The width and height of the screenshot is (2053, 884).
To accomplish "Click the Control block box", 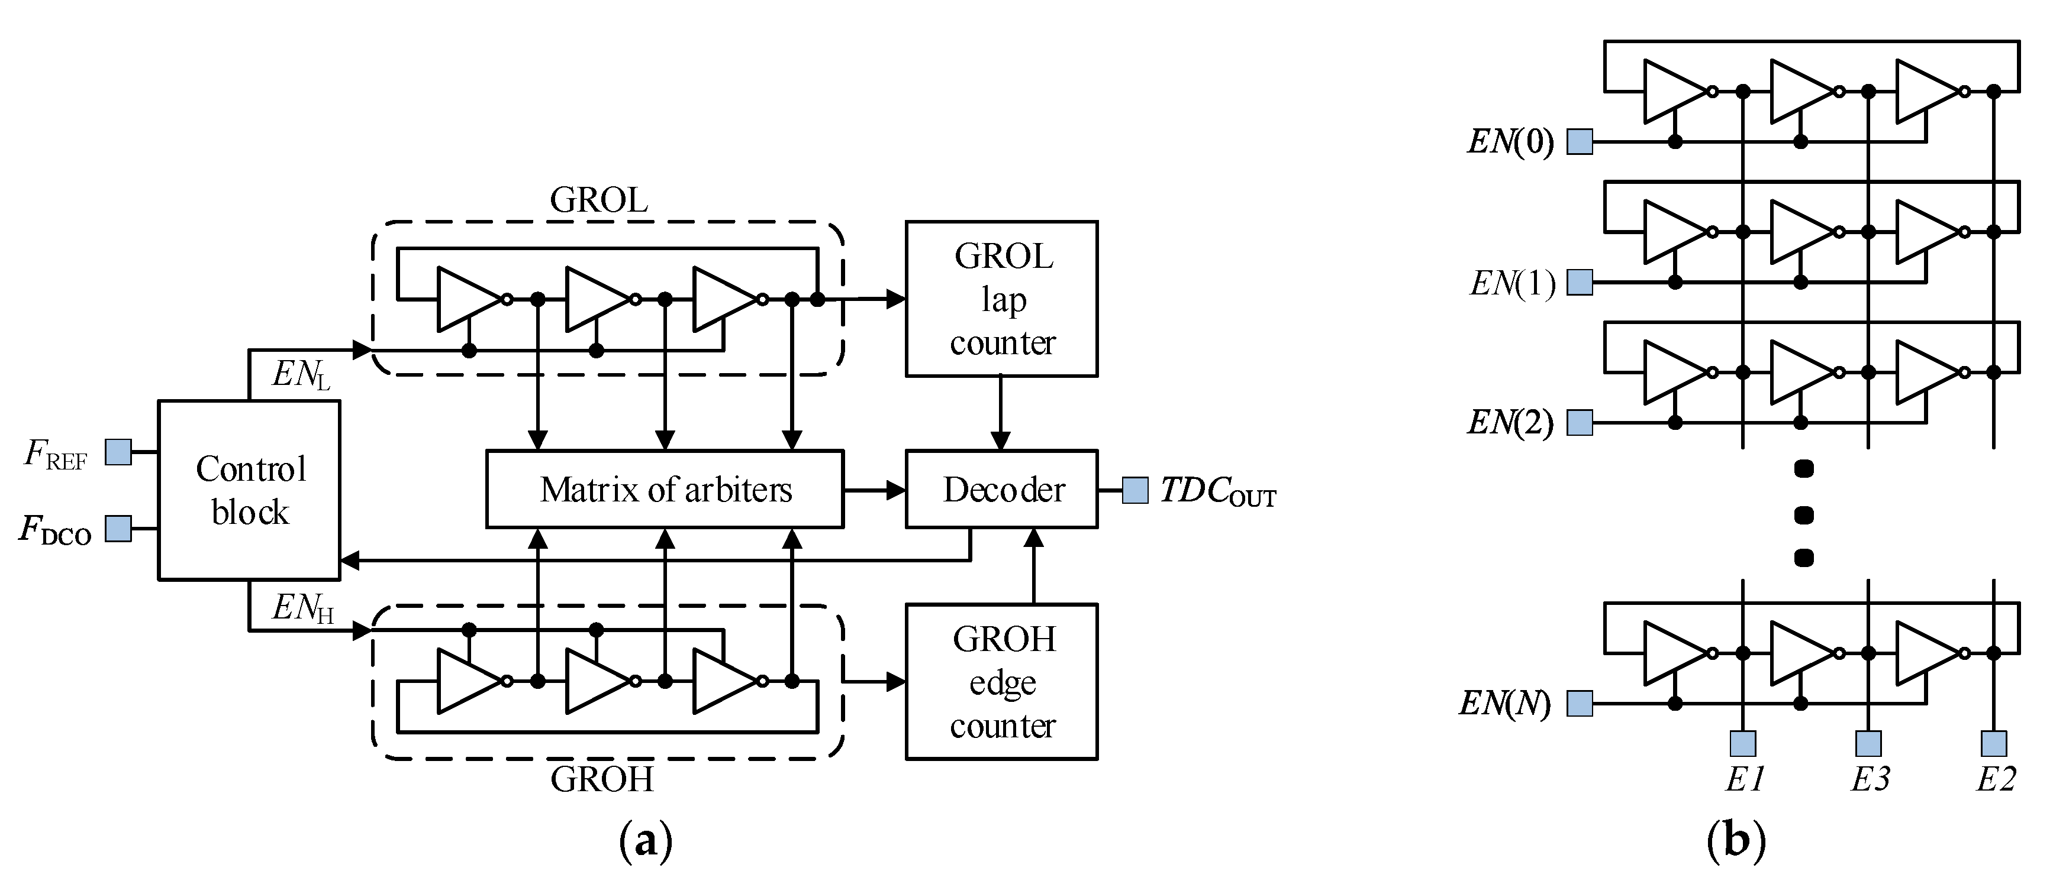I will coord(250,490).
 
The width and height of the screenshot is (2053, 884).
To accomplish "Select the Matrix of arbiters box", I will coord(665,489).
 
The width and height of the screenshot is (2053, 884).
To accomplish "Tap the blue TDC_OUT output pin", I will coord(1135,490).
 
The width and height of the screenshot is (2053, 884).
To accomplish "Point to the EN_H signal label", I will coord(302,608).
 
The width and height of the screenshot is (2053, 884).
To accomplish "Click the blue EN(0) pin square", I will coord(1580,142).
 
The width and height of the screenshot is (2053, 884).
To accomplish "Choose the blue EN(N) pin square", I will coord(1580,703).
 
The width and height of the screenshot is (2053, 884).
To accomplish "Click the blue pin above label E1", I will coord(1743,743).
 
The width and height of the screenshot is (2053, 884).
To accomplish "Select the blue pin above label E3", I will coord(1868,743).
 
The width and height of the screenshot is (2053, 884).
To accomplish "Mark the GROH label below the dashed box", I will coord(602,779).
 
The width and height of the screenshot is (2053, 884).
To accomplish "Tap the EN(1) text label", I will coord(1512,283).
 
